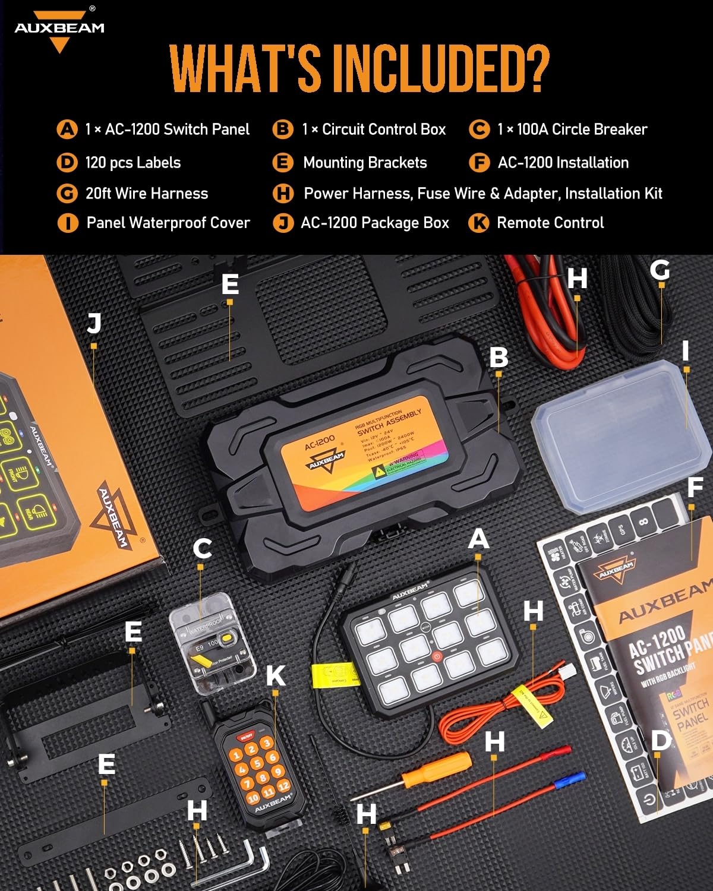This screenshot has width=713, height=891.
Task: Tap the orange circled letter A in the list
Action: tap(67, 129)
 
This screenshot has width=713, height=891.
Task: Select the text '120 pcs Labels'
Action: tap(132, 163)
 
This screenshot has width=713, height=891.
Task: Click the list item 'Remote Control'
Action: tap(550, 223)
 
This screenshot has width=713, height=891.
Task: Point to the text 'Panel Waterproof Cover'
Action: tap(168, 223)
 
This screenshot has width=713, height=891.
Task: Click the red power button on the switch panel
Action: tap(437, 657)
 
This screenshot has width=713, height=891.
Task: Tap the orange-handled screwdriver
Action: tap(437, 769)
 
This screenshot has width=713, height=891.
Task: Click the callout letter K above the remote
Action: tap(275, 676)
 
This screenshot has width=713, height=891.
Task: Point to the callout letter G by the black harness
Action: tap(660, 270)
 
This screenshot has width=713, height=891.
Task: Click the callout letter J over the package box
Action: tap(93, 324)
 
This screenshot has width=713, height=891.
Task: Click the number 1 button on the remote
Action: tap(237, 756)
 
